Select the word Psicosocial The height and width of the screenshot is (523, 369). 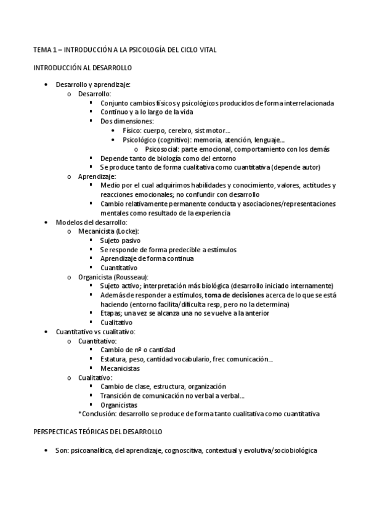coord(163,149)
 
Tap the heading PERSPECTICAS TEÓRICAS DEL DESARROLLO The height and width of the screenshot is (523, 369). coord(98,432)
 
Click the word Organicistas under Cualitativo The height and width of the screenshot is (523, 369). coord(119,405)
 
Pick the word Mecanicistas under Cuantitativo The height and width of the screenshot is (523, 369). coord(121,369)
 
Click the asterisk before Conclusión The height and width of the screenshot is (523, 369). coord(80,414)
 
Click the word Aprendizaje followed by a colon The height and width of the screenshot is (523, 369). coord(96,177)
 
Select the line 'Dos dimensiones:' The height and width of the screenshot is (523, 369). coord(127,121)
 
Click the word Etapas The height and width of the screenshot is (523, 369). coord(112,313)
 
